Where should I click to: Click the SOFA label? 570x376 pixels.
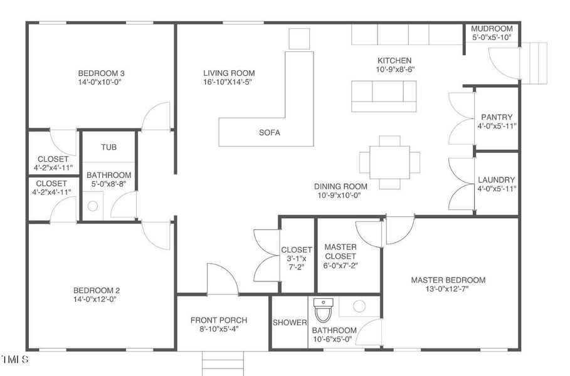point(270,133)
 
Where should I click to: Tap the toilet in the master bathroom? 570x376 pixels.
point(323,310)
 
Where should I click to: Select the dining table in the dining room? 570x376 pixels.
point(389,162)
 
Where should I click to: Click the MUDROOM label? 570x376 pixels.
point(492,28)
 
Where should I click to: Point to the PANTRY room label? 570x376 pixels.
point(497,117)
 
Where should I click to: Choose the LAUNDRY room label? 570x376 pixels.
point(496,180)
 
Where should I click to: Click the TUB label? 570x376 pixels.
point(108,147)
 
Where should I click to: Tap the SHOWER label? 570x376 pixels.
point(290,323)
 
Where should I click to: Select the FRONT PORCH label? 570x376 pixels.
point(219,320)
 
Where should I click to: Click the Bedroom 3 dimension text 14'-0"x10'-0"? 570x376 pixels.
point(99,81)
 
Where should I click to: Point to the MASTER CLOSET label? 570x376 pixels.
point(340,251)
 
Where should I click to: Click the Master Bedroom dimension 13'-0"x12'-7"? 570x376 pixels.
point(447,289)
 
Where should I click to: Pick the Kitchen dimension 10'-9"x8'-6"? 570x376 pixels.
point(396,70)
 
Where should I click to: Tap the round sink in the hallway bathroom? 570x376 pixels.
point(93,206)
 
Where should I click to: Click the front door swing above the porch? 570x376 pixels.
point(223,279)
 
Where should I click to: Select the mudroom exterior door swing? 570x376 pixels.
point(504,63)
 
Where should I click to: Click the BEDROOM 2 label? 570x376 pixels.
point(97,290)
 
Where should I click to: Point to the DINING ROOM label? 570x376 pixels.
point(340,186)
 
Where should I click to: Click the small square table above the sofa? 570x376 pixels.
point(299,38)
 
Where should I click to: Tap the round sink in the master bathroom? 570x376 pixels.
point(359,306)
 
